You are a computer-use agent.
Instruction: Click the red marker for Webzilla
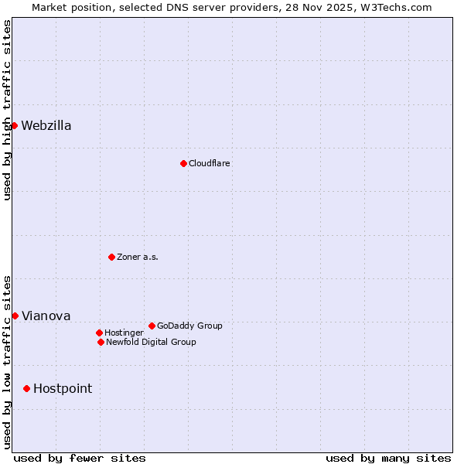coord(14,125)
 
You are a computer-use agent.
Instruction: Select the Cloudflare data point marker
coord(183,163)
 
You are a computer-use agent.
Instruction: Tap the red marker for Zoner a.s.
coord(111,257)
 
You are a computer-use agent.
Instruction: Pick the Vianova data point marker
coord(15,316)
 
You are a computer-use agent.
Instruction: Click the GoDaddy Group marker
coord(152,326)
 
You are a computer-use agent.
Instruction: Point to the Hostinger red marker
coord(99,333)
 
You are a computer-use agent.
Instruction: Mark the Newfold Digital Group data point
coord(101,342)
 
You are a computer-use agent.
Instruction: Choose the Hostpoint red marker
coord(26,388)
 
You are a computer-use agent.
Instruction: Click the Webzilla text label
coord(46,126)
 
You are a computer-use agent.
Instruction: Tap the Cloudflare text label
coord(210,163)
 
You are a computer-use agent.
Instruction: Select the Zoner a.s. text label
coord(138,257)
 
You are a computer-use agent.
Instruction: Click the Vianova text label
coord(46,316)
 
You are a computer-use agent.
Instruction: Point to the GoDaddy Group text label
coord(189,326)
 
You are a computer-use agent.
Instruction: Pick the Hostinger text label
coord(124,333)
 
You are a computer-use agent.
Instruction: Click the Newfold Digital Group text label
coord(151,342)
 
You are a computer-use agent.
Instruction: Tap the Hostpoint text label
coord(63,388)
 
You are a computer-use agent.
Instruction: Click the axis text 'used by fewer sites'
coord(80,458)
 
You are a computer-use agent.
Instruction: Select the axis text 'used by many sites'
coord(388,458)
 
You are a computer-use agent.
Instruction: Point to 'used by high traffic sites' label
coord(7,110)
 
